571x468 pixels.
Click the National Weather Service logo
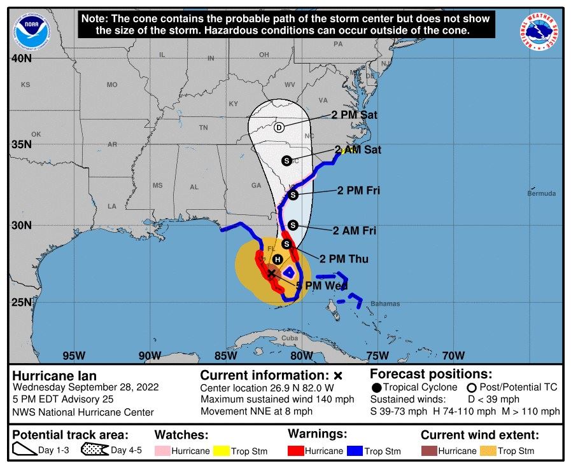(539, 32)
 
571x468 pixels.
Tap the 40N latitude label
(22, 59)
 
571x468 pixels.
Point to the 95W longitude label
(74, 355)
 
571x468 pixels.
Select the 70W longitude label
(453, 355)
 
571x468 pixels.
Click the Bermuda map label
(541, 193)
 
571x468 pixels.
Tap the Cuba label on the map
(290, 338)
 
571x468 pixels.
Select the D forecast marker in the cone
(279, 127)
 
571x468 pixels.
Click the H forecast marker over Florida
(278, 259)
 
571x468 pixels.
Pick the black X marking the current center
(272, 273)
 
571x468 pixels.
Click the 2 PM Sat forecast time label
(354, 115)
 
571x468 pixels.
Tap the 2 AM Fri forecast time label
(354, 231)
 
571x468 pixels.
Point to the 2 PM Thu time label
(344, 259)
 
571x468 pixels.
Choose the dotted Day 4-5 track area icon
(94, 450)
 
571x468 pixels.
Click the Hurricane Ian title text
(55, 376)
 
